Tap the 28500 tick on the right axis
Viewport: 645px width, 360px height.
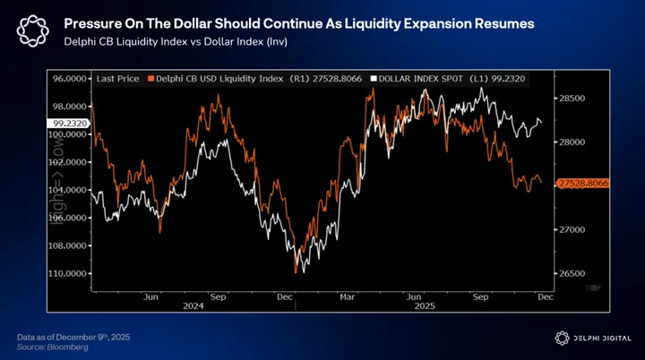[x=572, y=98]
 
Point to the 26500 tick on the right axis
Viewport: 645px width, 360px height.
[x=572, y=273]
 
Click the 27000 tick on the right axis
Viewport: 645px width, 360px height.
[x=572, y=229]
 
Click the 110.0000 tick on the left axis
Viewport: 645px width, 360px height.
[x=68, y=273]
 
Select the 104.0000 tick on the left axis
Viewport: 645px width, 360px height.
[x=68, y=190]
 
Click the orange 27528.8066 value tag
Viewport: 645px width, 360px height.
[x=583, y=183]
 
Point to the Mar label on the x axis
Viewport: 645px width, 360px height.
[x=347, y=295]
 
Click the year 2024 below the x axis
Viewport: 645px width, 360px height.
[x=216, y=304]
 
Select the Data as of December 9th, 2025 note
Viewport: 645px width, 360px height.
[x=74, y=335]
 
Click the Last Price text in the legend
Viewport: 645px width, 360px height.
[x=116, y=79]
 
